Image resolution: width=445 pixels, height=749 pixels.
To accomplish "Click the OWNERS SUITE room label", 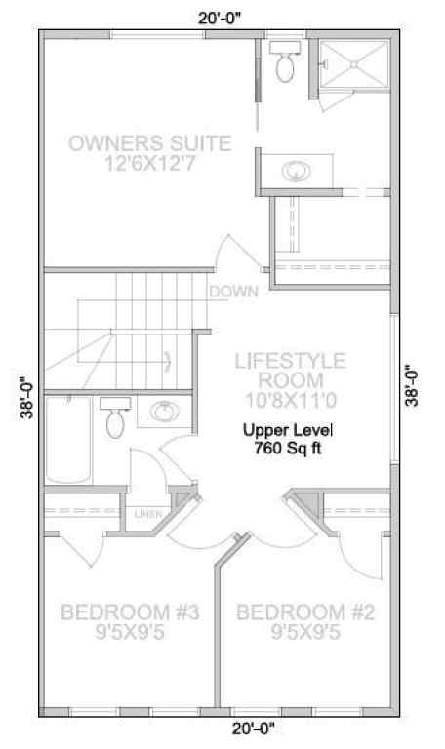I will (x=150, y=144).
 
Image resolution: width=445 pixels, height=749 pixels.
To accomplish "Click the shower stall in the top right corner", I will (x=353, y=64).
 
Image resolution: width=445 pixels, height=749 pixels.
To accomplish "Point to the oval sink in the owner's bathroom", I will (x=297, y=172).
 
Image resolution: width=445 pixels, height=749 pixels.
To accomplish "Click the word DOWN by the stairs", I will (x=232, y=291).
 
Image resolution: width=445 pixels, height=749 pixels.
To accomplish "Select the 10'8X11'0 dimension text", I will (x=290, y=398).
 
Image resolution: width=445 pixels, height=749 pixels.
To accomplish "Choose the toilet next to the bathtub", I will (x=115, y=417).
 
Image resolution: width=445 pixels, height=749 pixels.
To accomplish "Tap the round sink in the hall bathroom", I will (x=161, y=412).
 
